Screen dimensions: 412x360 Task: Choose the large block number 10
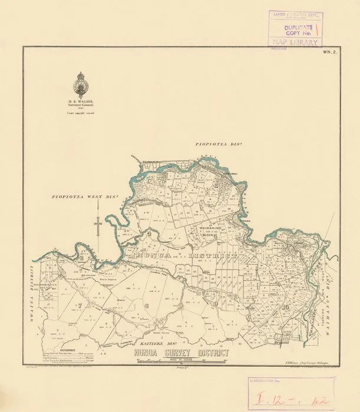(x=285, y=307)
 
